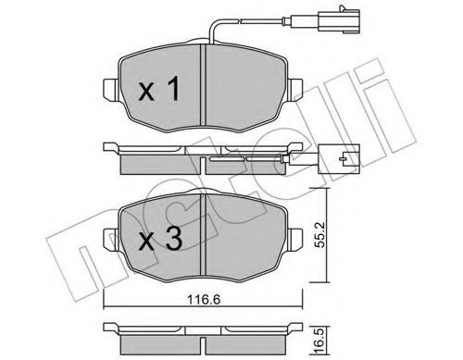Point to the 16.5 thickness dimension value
[x=319, y=333]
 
